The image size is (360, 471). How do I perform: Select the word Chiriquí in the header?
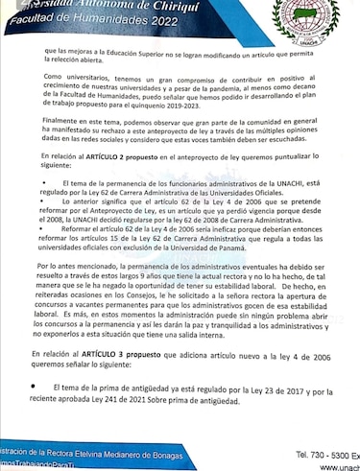tap(160, 5)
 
